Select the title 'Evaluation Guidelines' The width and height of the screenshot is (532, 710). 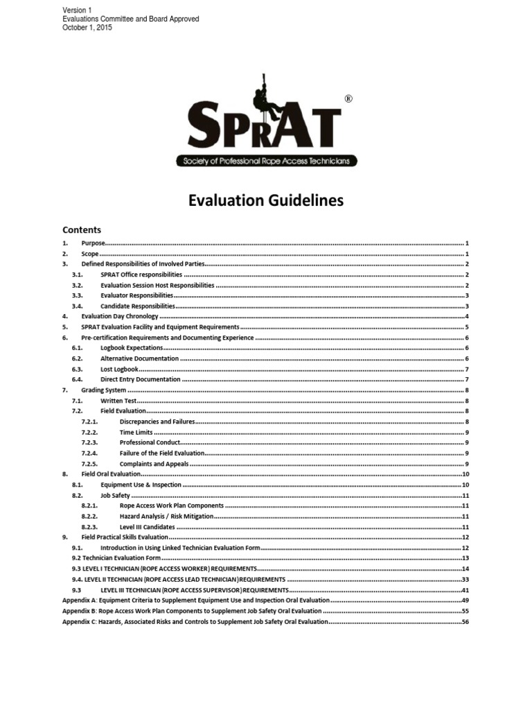(x=265, y=201)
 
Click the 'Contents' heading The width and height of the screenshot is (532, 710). (x=82, y=230)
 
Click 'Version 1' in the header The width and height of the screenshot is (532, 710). (x=77, y=10)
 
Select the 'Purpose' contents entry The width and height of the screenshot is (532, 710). (x=94, y=243)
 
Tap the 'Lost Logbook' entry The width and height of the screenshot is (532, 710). (x=120, y=369)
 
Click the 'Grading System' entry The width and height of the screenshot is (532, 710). (x=104, y=390)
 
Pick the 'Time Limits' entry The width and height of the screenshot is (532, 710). (x=136, y=432)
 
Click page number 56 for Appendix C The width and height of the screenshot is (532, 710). (x=465, y=621)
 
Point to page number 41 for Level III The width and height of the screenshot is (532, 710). (x=465, y=590)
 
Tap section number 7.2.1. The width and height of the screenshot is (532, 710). (x=90, y=422)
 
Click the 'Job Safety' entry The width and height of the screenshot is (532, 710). (x=115, y=495)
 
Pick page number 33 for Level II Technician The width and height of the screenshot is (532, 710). (x=465, y=579)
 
